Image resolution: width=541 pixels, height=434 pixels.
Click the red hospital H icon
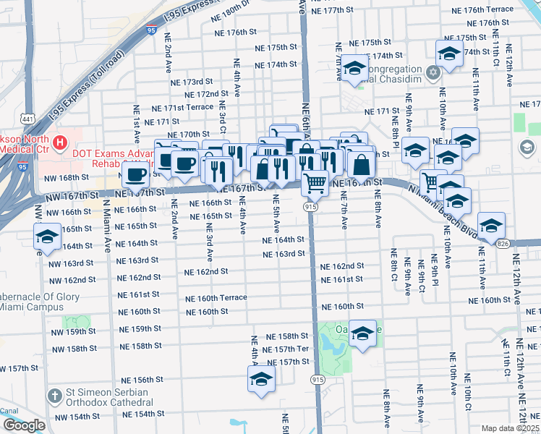(x=59, y=140)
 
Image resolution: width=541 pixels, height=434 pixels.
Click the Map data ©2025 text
(x=511, y=428)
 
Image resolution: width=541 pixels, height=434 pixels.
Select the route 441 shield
(x=27, y=118)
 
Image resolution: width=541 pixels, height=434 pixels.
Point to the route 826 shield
(x=503, y=244)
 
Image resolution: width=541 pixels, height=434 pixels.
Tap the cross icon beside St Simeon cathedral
(x=54, y=395)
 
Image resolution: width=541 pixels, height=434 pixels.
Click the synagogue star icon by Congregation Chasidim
(x=433, y=72)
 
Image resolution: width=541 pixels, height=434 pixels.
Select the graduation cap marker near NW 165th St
(x=47, y=237)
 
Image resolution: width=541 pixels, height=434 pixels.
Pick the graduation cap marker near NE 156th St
(x=262, y=378)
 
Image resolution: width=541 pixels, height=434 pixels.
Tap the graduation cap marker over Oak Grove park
(x=363, y=332)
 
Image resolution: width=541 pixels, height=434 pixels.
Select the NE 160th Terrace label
(x=216, y=298)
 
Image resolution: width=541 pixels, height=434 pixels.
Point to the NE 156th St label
(x=148, y=380)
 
